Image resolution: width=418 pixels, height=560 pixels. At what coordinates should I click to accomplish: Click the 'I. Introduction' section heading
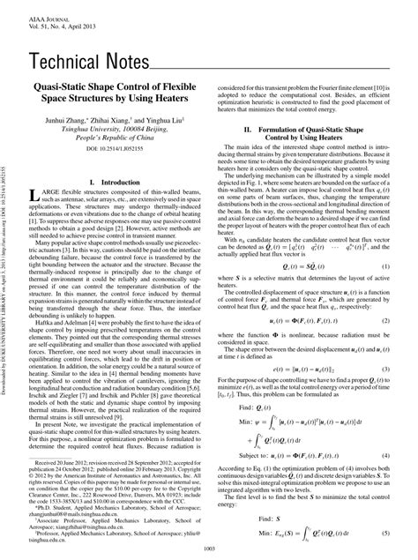[116, 183]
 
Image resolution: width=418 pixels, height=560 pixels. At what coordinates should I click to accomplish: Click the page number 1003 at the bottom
[209, 550]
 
